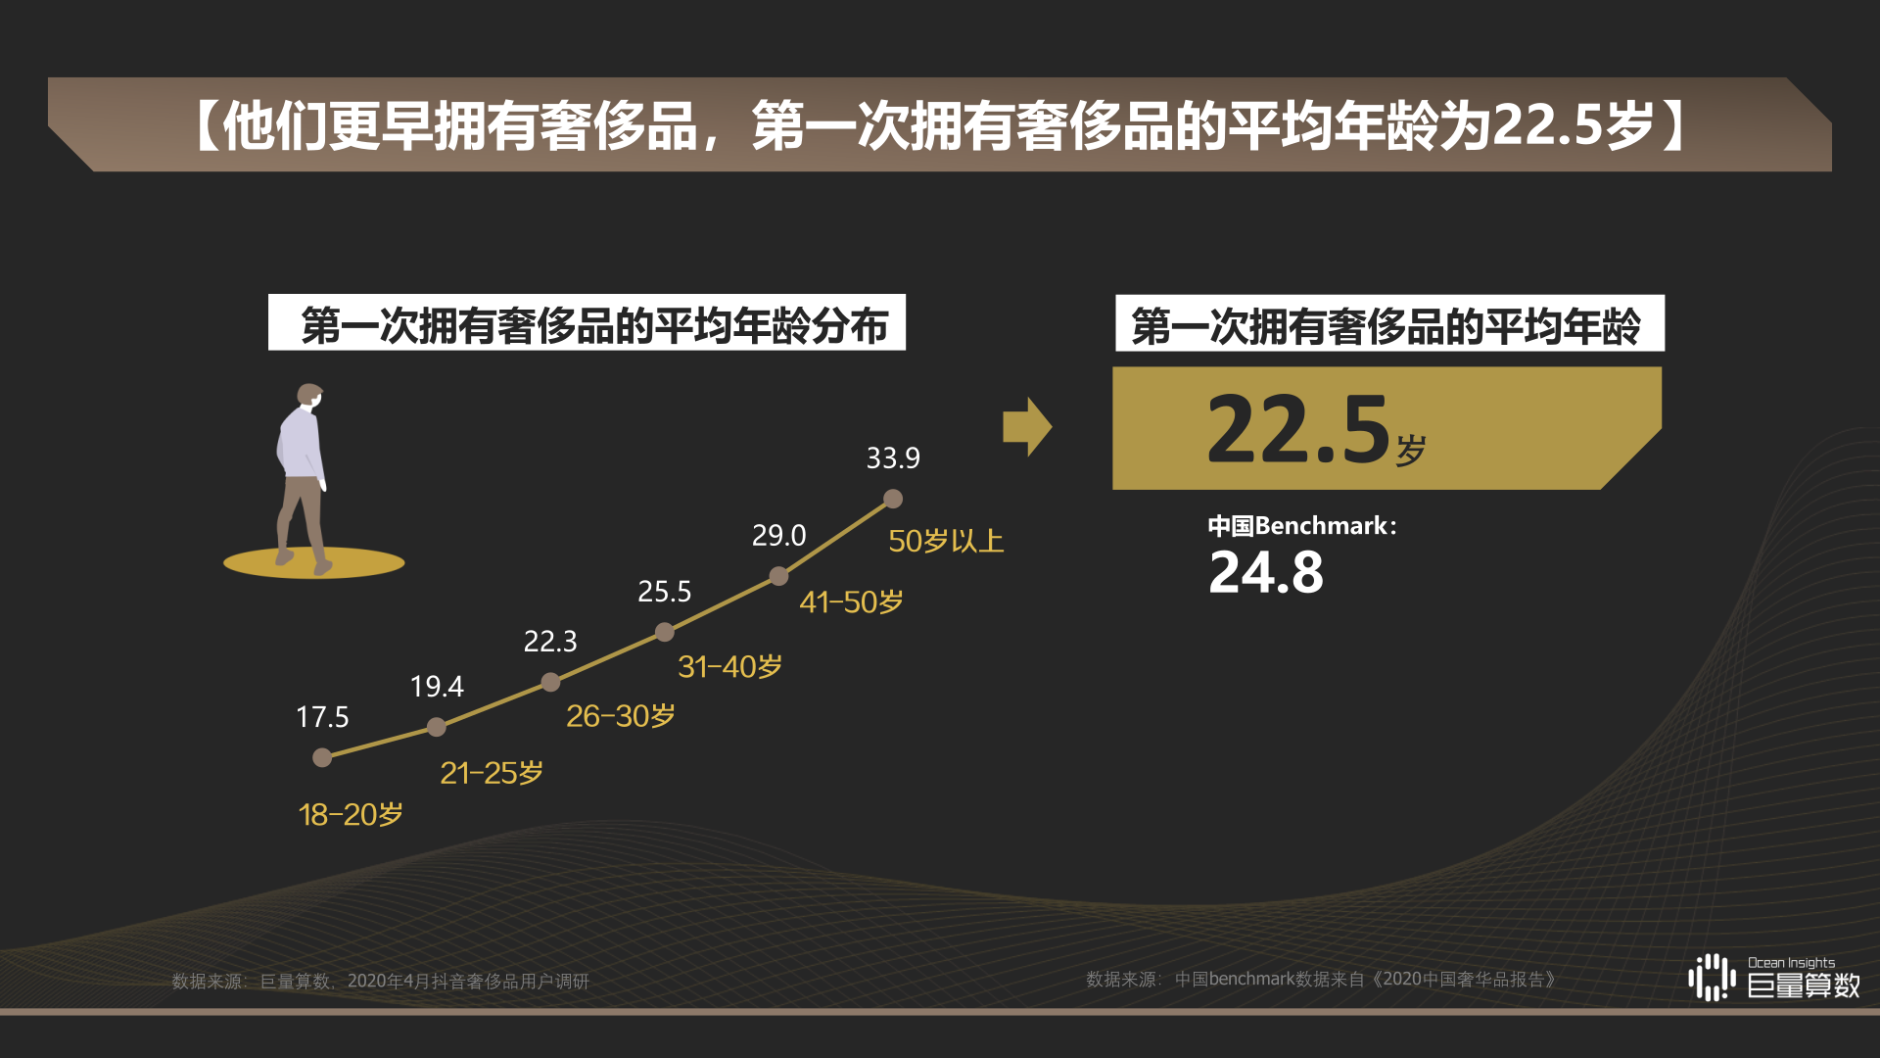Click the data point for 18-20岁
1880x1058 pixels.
[x=322, y=757]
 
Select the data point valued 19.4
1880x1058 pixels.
[x=437, y=727]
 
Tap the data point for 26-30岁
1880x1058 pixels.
[x=550, y=682]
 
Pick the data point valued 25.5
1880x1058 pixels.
[x=665, y=632]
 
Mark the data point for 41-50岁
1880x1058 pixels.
[x=778, y=576]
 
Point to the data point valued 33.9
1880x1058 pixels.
[x=893, y=499]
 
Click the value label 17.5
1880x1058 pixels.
[x=322, y=717]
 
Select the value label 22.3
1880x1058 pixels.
[x=550, y=642]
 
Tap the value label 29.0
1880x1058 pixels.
[x=778, y=536]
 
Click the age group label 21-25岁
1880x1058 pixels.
[x=492, y=774]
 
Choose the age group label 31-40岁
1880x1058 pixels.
[x=729, y=667]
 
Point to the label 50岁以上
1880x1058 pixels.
[x=946, y=542]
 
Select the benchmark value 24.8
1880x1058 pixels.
[x=1266, y=573]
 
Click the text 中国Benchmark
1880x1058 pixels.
[x=1300, y=526]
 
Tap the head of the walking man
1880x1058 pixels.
[x=310, y=395]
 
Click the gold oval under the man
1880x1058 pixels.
[x=314, y=563]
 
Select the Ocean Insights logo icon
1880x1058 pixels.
[x=1712, y=977]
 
